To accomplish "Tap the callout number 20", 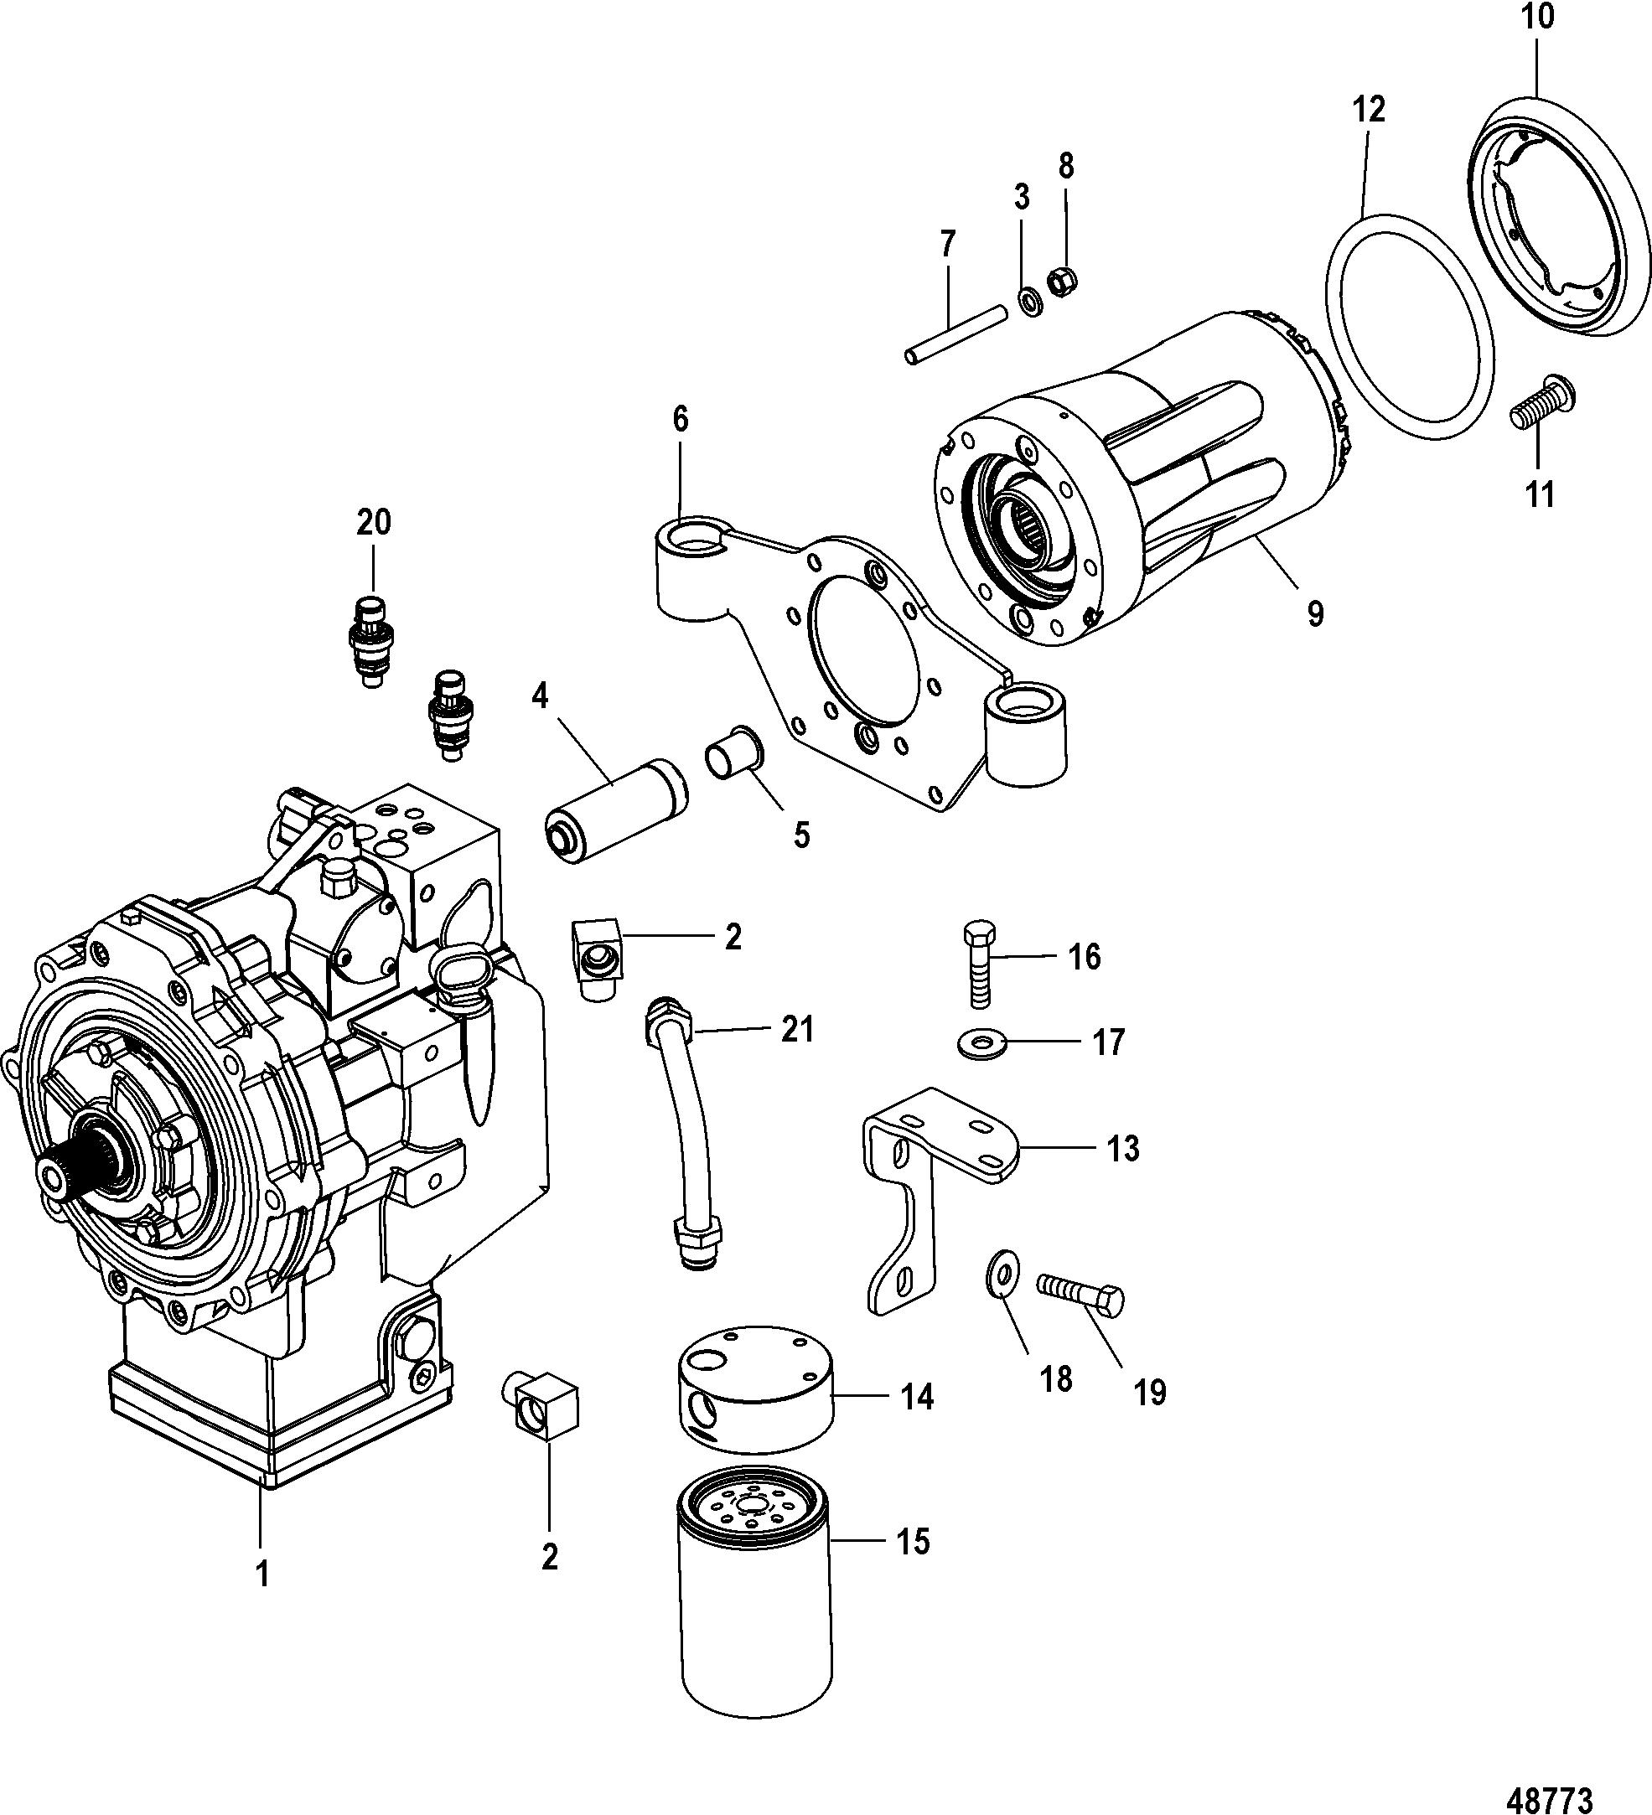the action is click(374, 522).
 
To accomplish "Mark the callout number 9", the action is click(1315, 615).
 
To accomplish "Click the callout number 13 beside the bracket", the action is click(1122, 1149).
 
